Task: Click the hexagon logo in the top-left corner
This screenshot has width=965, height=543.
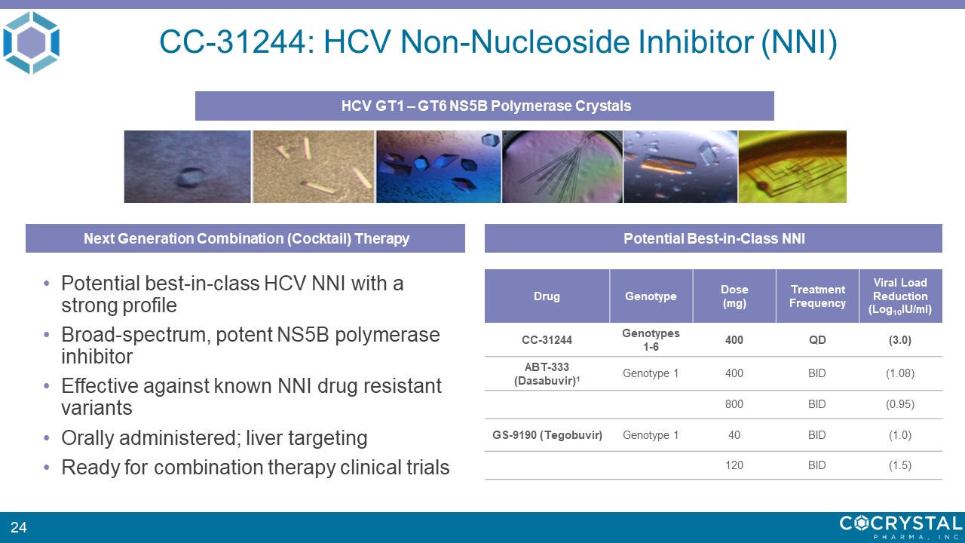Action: pos(31,42)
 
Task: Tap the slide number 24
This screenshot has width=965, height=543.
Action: pos(19,527)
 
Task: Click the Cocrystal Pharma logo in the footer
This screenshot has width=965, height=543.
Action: pos(901,527)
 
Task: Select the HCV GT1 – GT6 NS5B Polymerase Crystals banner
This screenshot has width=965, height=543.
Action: pos(485,106)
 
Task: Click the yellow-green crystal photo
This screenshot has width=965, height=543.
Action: pos(792,167)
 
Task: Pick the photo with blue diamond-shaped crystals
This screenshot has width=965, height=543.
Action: pos(439,167)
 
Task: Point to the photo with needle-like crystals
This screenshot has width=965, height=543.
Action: pos(562,167)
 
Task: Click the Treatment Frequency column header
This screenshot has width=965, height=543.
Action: pos(817,296)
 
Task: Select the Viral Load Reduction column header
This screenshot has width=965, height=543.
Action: pos(900,296)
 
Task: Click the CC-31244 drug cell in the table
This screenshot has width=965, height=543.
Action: pos(547,340)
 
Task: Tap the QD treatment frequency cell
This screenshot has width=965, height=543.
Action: pos(817,340)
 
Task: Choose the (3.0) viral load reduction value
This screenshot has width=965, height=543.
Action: pos(900,340)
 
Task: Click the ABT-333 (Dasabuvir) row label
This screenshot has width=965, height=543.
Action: pos(547,373)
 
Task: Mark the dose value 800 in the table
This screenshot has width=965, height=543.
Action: pos(734,404)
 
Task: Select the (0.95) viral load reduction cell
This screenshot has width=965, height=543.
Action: pos(900,404)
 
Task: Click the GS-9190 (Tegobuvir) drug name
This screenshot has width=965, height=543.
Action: pos(547,435)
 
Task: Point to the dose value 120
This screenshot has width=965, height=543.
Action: pos(734,465)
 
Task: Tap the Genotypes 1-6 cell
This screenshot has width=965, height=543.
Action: pos(651,340)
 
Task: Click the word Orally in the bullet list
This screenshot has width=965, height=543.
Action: pos(88,438)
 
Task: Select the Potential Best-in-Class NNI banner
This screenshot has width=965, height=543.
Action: pos(713,238)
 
